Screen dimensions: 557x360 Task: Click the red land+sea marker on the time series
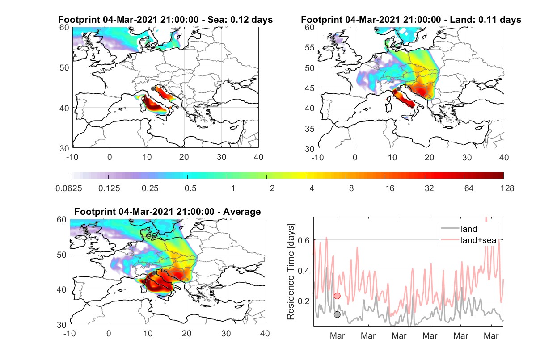tap(337, 296)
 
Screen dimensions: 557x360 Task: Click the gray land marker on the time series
tap(337, 314)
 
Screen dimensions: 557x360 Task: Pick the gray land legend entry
tap(459, 229)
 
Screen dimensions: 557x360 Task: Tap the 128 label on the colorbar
tap(507, 188)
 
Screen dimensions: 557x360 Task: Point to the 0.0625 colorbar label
tap(69, 188)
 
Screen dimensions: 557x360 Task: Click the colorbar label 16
tap(390, 188)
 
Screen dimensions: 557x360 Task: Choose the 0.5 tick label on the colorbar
tap(190, 188)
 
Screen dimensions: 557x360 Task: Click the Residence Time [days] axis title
tap(291, 272)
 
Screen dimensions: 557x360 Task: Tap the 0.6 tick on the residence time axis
tap(304, 240)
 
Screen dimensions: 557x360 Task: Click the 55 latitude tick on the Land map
tap(309, 48)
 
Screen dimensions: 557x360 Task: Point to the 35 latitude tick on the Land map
tap(309, 129)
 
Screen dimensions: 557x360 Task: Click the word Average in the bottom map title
tap(242, 212)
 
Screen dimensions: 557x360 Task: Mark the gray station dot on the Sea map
tap(153, 89)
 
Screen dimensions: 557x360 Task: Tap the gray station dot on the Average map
tap(154, 273)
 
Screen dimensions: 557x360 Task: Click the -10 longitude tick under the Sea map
tap(72, 157)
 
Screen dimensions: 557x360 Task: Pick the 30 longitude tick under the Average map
tap(226, 333)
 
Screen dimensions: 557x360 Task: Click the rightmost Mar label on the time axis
tap(491, 336)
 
